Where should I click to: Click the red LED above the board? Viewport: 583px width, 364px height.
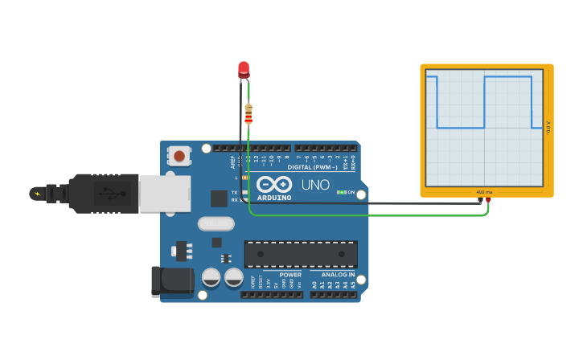coord(244,69)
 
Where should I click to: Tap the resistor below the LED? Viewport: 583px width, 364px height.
coord(248,113)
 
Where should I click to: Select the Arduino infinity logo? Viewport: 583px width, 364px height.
coord(274,184)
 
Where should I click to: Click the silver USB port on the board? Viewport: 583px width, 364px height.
coord(164,194)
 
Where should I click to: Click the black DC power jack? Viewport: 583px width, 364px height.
coord(172,281)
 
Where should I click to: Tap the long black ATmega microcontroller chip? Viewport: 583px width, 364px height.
coord(301,254)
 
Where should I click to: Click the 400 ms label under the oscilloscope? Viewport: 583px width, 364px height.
coord(484,192)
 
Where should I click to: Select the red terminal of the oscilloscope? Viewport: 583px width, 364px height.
coord(488,199)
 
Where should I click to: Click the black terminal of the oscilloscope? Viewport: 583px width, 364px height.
coord(480,199)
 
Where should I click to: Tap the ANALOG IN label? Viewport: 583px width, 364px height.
coord(333,275)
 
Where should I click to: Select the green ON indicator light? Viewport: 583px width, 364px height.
coord(342,192)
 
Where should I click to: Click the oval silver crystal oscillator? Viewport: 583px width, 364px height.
coord(216,223)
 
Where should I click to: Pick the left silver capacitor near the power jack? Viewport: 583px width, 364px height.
coord(211,277)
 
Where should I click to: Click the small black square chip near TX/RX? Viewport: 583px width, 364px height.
coord(219,198)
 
